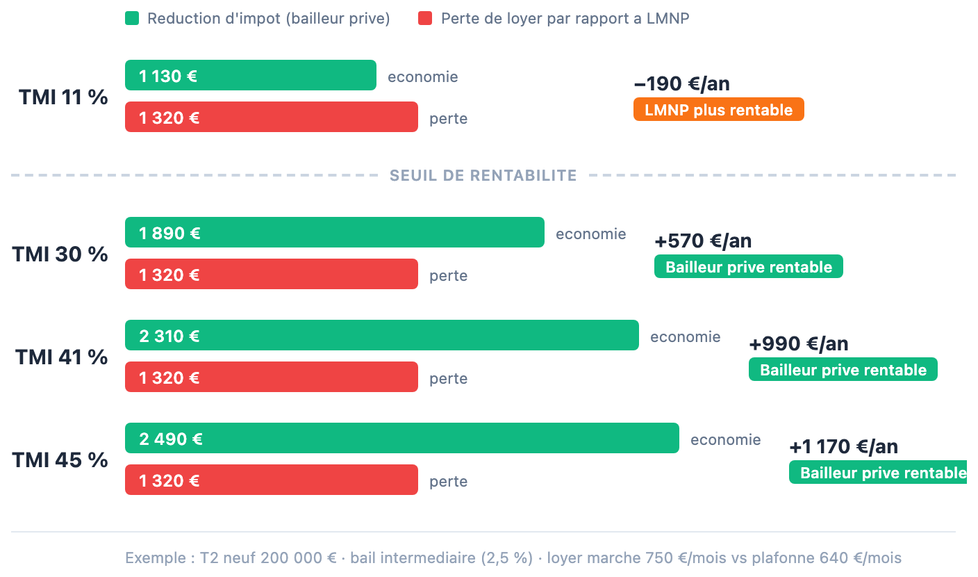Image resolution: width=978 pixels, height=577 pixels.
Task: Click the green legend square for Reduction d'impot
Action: [x=132, y=19]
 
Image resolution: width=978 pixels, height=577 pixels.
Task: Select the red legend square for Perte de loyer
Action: [x=425, y=19]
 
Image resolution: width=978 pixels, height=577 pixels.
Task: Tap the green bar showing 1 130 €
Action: [x=250, y=75]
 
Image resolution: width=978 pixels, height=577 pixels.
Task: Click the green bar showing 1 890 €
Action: [x=334, y=232]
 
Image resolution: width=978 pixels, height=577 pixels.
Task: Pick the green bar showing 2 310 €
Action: [x=381, y=335]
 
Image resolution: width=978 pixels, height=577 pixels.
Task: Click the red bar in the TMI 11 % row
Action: [x=271, y=117]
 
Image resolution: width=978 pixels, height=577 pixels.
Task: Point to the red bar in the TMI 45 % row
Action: [x=271, y=480]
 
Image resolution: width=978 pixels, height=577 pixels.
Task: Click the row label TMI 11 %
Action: [x=63, y=97]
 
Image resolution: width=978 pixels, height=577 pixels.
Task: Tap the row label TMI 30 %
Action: [x=60, y=254]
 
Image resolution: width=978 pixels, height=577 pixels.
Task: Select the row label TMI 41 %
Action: [x=62, y=357]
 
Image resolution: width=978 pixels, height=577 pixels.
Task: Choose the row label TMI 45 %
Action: [x=60, y=460]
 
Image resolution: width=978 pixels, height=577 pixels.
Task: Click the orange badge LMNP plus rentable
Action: [x=718, y=110]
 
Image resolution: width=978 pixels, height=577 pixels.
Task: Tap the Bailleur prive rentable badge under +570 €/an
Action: [x=748, y=267]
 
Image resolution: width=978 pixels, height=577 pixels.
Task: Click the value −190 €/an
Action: [x=681, y=85]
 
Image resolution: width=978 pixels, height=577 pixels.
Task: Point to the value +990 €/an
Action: [x=798, y=344]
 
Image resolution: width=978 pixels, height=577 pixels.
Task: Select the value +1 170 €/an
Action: [x=843, y=447]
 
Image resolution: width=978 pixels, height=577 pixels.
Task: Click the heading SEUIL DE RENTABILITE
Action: [x=483, y=176]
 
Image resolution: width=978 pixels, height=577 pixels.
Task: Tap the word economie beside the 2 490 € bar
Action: [x=725, y=439]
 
